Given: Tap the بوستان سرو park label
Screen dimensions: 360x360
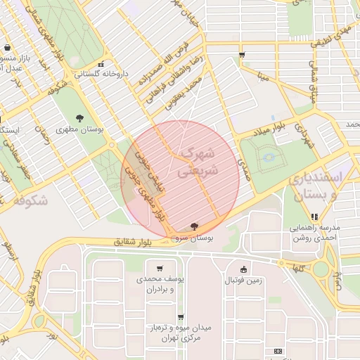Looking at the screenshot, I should coord(193,238).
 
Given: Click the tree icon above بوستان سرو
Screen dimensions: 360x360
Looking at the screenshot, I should coord(193,226).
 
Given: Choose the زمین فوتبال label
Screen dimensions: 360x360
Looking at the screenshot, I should coord(243,281).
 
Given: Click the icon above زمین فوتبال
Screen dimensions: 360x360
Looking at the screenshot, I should coord(243,269).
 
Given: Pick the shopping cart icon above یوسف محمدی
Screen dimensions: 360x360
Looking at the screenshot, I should coord(160,268).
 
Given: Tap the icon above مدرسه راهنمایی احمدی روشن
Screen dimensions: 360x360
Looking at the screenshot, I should coord(314,217).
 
